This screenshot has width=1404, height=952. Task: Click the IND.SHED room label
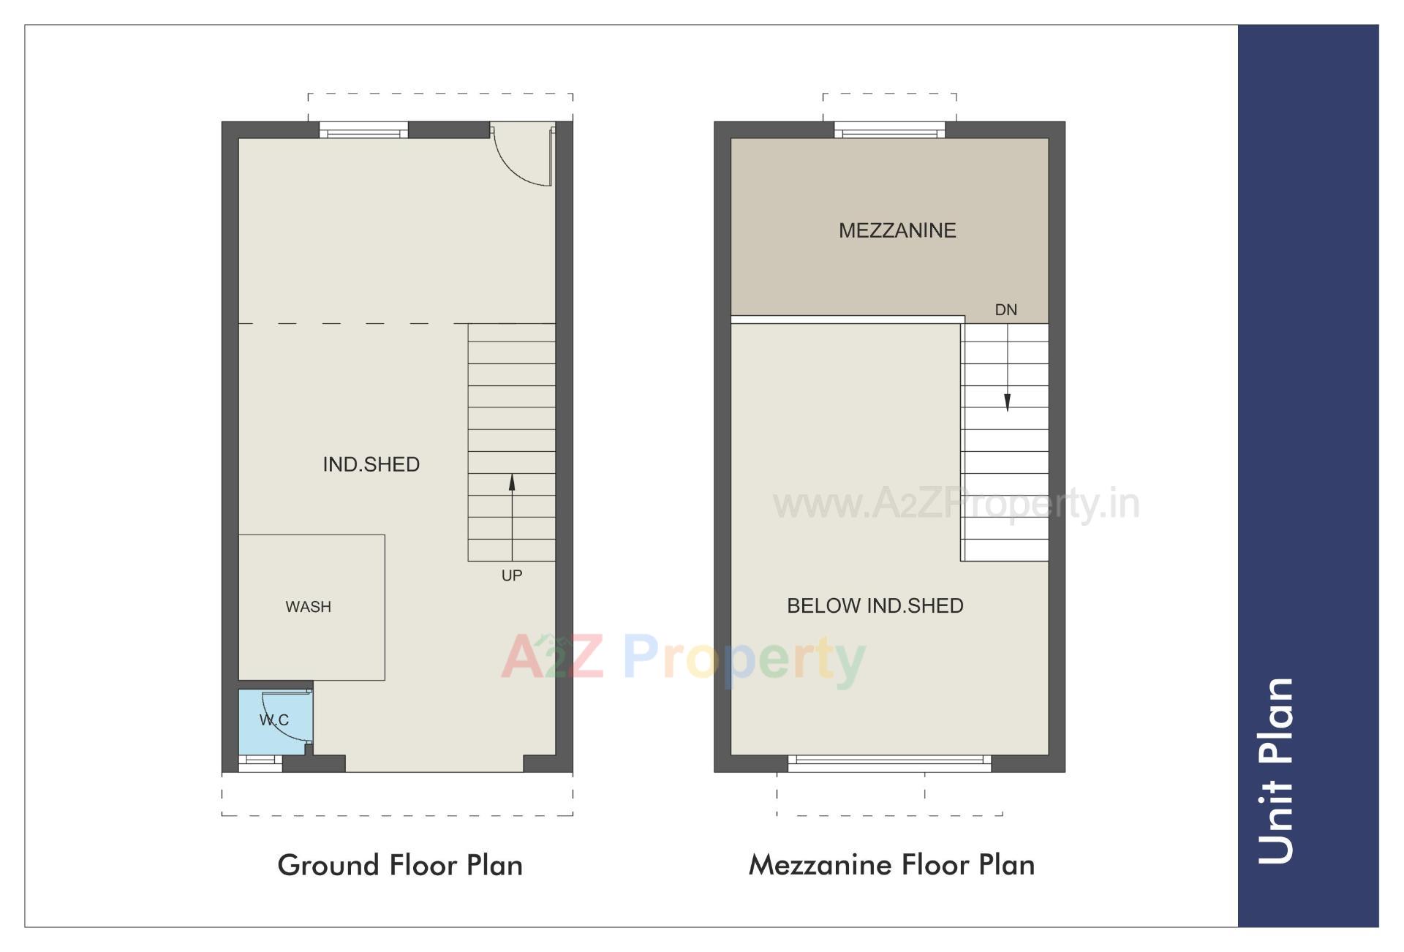click(371, 464)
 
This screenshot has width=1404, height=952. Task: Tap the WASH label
click(308, 607)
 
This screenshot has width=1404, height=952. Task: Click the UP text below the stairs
click(512, 575)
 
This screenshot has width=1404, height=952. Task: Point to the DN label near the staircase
click(1005, 310)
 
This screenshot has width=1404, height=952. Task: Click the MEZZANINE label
click(897, 230)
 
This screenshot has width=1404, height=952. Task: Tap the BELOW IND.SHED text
click(875, 605)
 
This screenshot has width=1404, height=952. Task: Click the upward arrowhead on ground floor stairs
click(512, 483)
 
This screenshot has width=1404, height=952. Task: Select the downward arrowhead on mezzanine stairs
click(1007, 402)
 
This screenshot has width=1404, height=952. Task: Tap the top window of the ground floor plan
click(363, 132)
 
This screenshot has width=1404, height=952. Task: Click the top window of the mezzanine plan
click(889, 132)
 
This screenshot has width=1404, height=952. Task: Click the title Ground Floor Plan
click(400, 865)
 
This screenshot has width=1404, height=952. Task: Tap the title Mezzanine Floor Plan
click(891, 865)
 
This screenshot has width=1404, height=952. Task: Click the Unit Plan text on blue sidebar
click(1276, 771)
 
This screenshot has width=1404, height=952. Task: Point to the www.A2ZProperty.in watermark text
click(956, 505)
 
